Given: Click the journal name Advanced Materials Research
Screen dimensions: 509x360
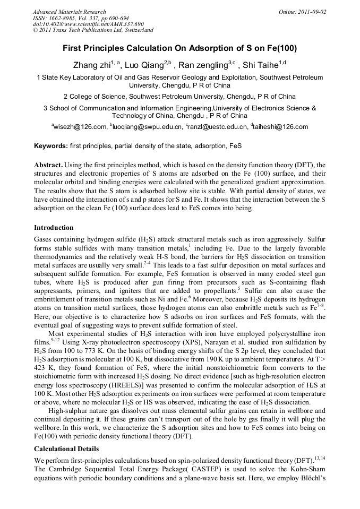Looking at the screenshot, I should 69,12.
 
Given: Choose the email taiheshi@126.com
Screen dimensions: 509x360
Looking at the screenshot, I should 281,127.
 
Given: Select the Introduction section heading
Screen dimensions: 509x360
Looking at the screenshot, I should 54,227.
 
